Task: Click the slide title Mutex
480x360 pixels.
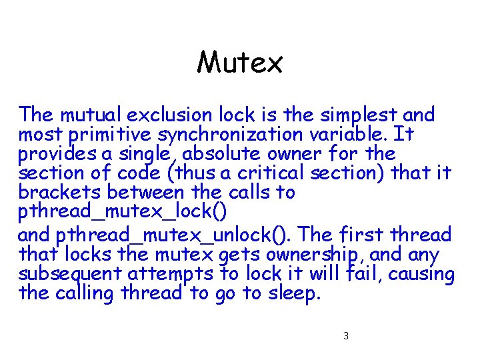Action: tap(240, 63)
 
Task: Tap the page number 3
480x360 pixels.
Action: tap(346, 335)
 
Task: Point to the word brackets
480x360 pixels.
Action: tap(57, 193)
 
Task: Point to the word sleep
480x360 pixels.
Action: tap(291, 294)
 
